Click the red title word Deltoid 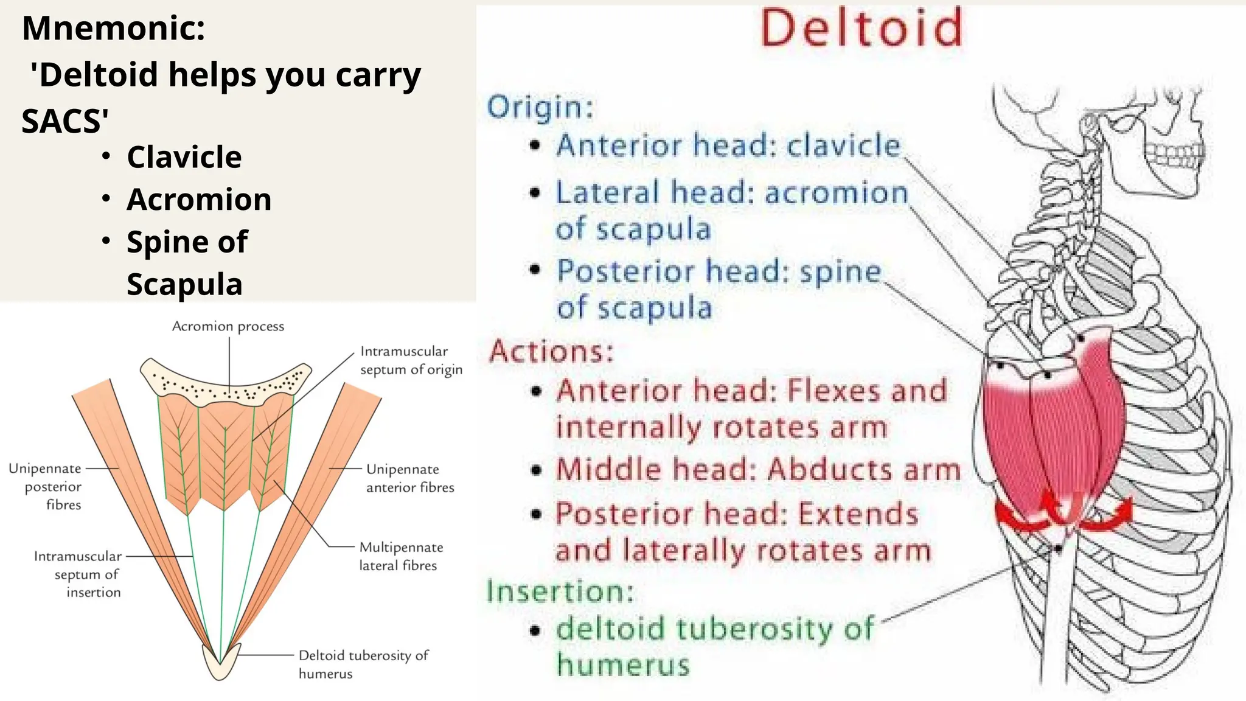point(861,28)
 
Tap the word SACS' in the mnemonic point(65,120)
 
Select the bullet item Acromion point(198,200)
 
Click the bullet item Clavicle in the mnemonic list point(184,157)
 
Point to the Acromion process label point(228,326)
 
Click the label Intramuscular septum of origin point(411,360)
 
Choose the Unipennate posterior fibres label point(46,486)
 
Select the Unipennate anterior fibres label point(409,478)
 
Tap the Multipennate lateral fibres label point(400,556)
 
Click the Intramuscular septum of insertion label point(78,574)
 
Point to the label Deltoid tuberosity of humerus point(363,664)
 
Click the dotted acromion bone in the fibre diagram point(226,382)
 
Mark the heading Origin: point(540,107)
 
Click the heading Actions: point(551,351)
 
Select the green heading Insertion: point(560,591)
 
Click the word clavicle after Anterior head point(843,145)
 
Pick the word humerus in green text point(623,664)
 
